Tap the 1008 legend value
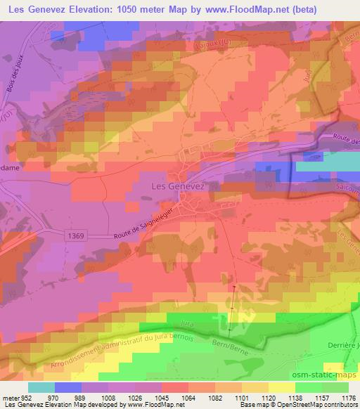[x=108, y=397]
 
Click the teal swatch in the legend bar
[x=41, y=387]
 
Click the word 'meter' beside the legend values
[x=10, y=397]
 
